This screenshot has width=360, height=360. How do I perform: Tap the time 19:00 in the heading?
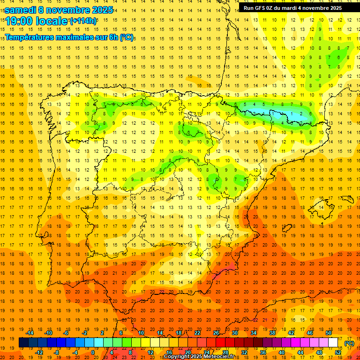click(22, 21)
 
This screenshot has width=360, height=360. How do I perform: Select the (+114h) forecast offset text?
click(83, 21)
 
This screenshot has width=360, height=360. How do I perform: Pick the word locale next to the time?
click(54, 21)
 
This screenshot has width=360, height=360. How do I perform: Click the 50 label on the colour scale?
click(329, 333)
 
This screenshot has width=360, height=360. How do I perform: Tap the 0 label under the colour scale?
click(93, 352)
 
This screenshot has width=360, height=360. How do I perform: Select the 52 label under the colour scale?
click(338, 352)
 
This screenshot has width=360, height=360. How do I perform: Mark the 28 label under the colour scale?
click(225, 352)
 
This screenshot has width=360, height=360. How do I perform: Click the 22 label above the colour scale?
click(197, 333)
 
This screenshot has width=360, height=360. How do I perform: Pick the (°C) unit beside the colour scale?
click(349, 343)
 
